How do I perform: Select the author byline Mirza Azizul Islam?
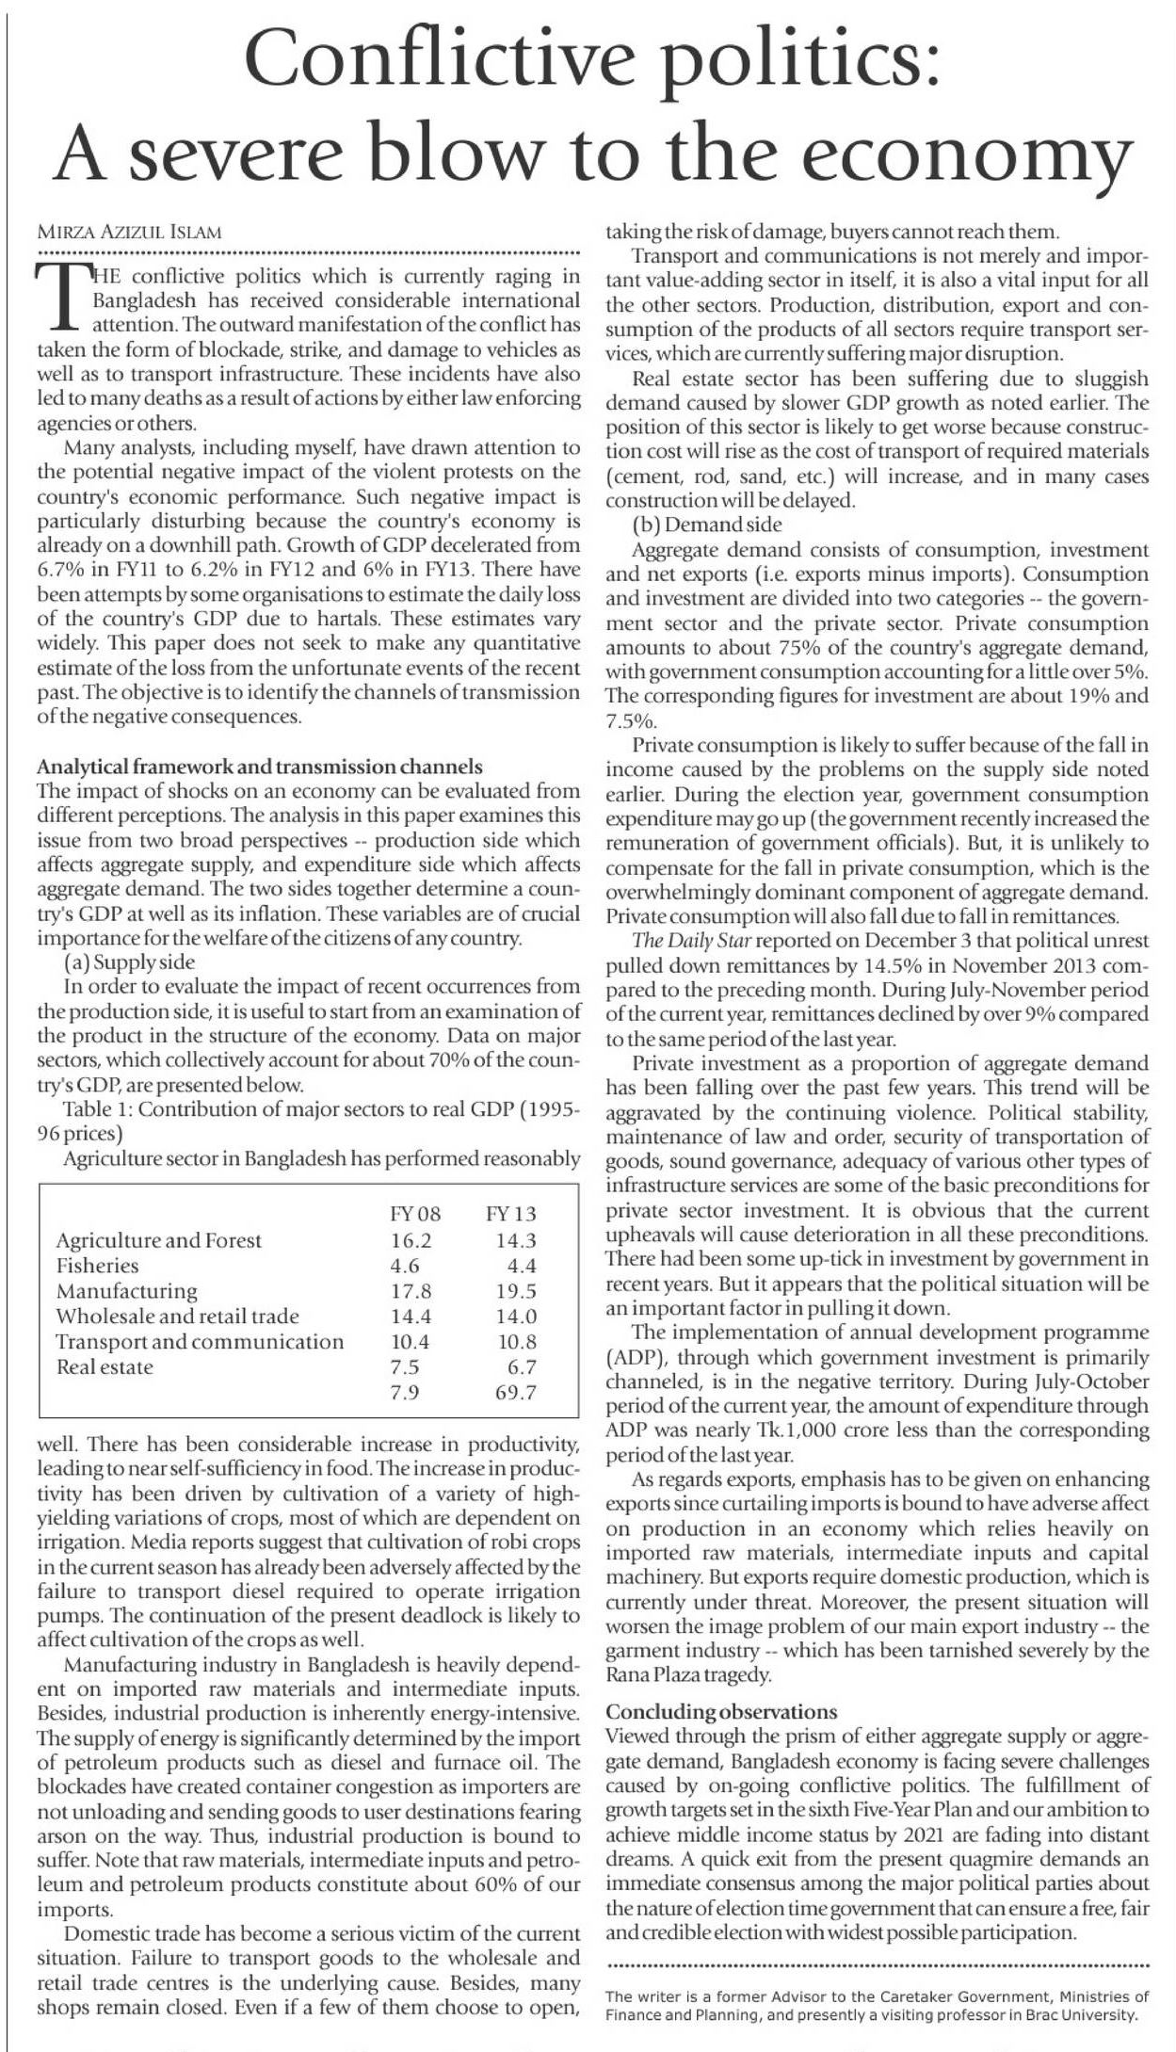129,233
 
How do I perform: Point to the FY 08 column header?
415,1214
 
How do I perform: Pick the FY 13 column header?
511,1214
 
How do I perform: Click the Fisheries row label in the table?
97,1266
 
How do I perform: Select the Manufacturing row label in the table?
127,1291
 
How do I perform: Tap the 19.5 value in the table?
516,1291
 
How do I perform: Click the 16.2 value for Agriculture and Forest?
411,1240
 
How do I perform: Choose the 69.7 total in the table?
516,1393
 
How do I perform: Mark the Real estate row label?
105,1367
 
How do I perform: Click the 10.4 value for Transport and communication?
411,1342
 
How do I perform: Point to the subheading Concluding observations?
721,1711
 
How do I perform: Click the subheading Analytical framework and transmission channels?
260,767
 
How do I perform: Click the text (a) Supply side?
130,962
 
